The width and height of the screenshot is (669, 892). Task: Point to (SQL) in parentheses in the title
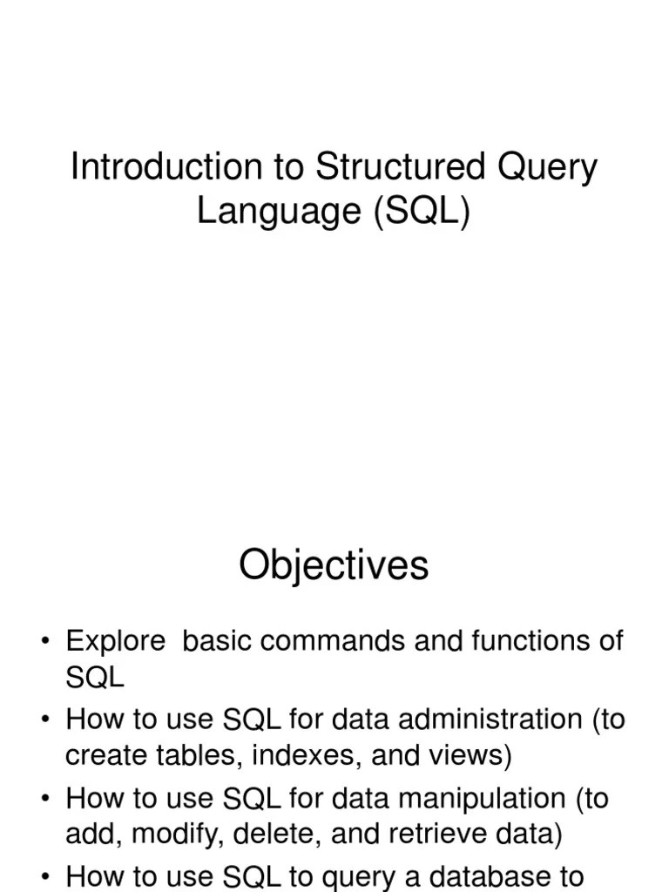(423, 212)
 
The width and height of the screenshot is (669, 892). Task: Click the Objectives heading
(334, 566)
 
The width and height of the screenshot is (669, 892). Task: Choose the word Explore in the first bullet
(115, 641)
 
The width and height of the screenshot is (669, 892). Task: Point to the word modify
(156, 835)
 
